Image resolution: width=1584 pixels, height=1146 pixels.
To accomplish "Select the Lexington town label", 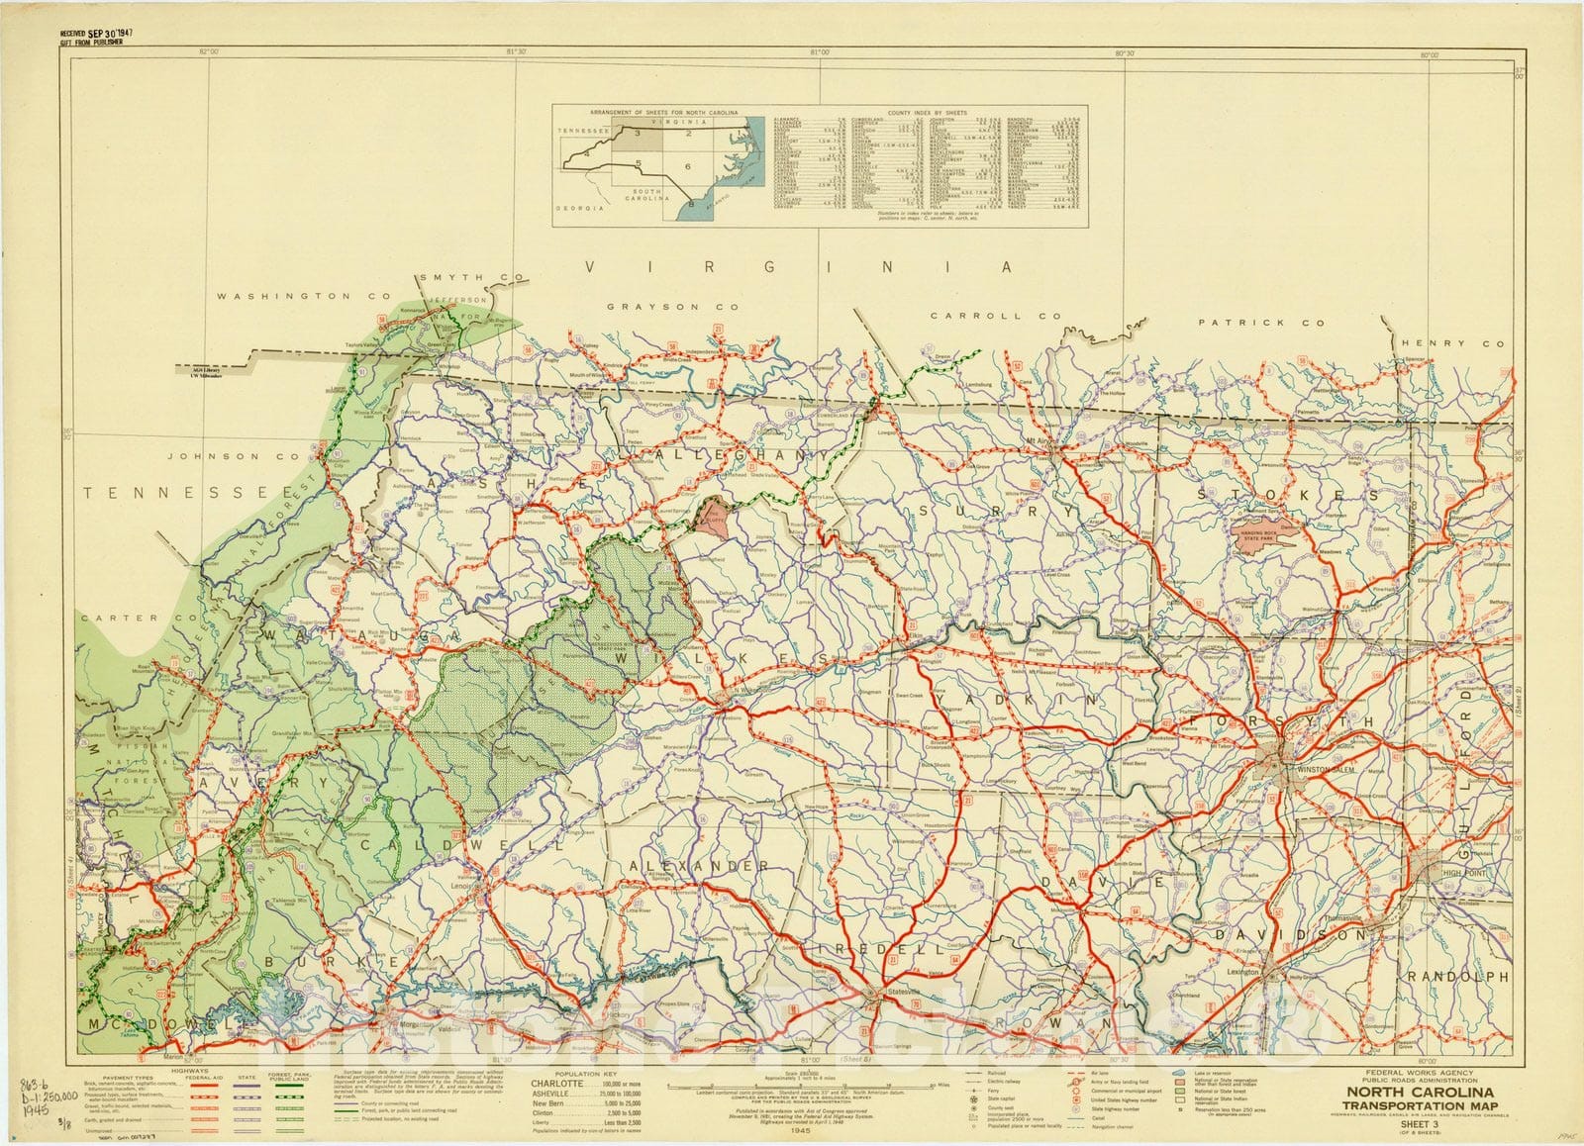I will pos(1243,973).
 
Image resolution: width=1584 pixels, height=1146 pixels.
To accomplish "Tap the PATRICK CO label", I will pos(1260,323).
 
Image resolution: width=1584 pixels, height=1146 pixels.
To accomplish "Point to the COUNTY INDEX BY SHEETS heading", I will pos(928,113).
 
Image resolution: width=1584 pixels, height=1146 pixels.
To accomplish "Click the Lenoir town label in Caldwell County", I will pos(462,887).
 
